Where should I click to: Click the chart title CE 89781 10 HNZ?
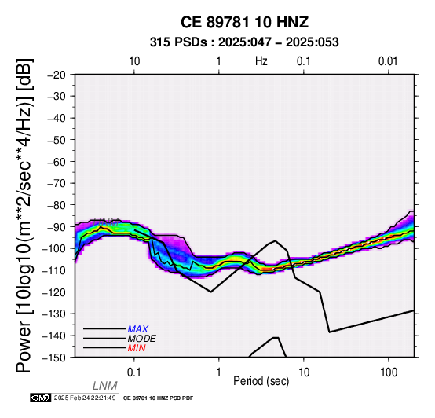[x=244, y=22]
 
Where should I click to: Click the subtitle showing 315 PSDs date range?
[x=244, y=42]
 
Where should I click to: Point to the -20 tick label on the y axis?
[x=57, y=75]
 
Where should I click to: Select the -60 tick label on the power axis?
[x=57, y=162]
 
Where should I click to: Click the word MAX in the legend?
[x=137, y=329]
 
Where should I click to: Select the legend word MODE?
[x=142, y=339]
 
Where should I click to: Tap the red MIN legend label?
[x=137, y=348]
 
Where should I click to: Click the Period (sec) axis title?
[x=261, y=381]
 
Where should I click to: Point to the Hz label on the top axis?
[x=261, y=61]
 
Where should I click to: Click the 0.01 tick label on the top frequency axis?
[x=388, y=61]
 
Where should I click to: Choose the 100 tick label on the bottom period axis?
[x=389, y=372]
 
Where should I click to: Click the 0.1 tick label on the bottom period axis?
[x=134, y=372]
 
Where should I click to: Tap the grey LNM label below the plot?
[x=105, y=386]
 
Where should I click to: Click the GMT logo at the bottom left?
[x=41, y=398]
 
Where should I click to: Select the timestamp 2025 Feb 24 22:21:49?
[x=85, y=398]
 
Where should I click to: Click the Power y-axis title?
[x=24, y=215]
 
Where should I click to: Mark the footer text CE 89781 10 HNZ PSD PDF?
[x=158, y=398]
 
